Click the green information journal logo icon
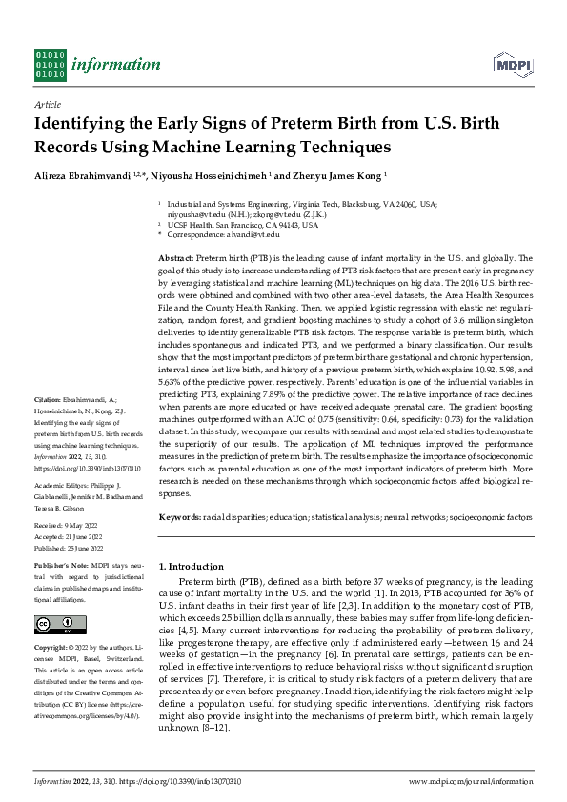pos(50,63)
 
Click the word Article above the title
pos(47,104)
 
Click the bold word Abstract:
pos(176,258)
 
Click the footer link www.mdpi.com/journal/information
pos(470,782)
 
